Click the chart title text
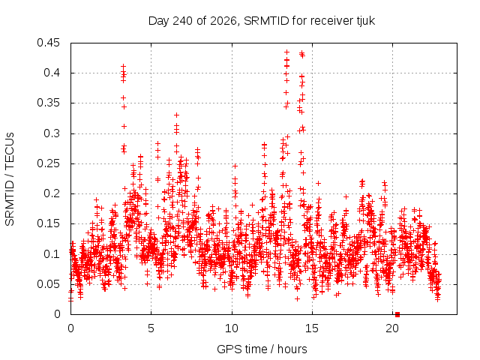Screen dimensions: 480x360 point(262,21)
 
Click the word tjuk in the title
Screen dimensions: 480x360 point(365,21)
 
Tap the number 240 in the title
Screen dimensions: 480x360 point(182,21)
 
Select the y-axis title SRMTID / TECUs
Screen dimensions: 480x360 point(10,179)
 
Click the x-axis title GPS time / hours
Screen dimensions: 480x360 point(262,349)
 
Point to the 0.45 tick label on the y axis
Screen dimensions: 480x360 point(48,43)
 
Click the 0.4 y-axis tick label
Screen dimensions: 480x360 point(52,73)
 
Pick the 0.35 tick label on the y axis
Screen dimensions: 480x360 point(48,103)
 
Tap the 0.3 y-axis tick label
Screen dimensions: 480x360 point(52,133)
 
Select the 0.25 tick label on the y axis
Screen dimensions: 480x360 point(48,163)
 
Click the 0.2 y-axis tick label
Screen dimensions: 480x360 point(52,193)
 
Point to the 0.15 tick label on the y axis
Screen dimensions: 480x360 point(48,223)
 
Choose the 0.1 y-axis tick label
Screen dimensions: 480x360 point(52,254)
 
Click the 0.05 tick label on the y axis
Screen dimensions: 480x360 point(48,284)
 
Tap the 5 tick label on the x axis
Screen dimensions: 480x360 point(151,328)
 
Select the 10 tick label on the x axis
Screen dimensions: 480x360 point(232,328)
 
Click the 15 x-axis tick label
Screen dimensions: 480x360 point(312,328)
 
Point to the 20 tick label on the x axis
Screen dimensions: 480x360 point(392,328)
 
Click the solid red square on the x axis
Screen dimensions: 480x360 point(397,314)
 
